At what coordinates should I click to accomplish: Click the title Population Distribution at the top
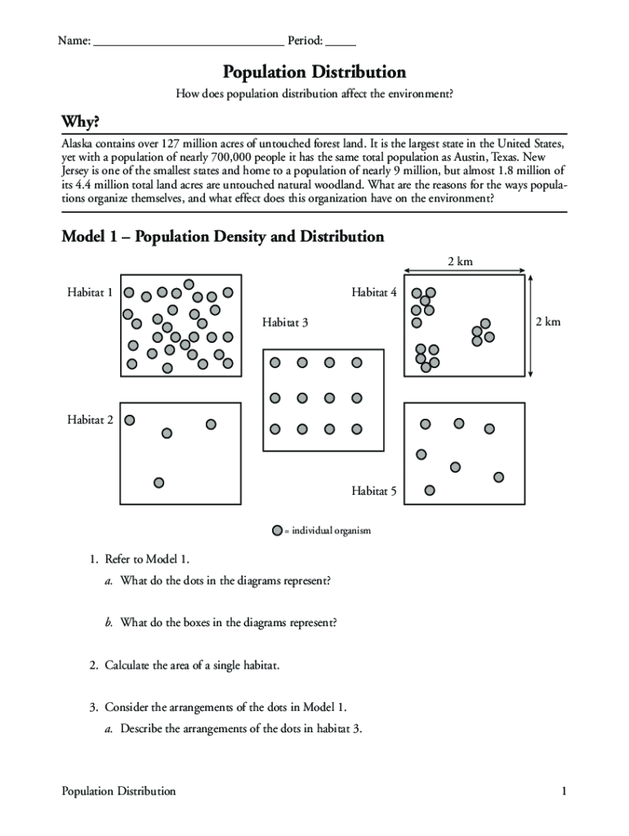(314, 72)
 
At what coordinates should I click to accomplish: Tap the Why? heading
(81, 122)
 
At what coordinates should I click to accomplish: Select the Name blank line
(189, 41)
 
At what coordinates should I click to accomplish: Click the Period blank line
(341, 41)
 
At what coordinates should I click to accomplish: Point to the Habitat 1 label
(90, 291)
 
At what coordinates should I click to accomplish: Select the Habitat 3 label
(285, 322)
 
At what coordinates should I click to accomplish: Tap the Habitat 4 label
(374, 291)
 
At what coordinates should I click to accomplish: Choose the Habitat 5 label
(374, 491)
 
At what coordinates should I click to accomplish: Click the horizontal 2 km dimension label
(460, 261)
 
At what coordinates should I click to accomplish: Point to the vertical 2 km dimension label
(548, 322)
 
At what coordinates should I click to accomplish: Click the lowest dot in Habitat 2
(159, 482)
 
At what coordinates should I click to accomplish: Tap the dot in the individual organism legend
(278, 531)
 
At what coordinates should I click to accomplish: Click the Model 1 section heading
(223, 237)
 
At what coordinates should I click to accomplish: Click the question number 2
(94, 665)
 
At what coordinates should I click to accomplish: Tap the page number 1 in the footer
(564, 791)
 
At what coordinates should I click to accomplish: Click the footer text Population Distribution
(118, 791)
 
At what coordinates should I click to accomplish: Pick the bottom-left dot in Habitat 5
(430, 491)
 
